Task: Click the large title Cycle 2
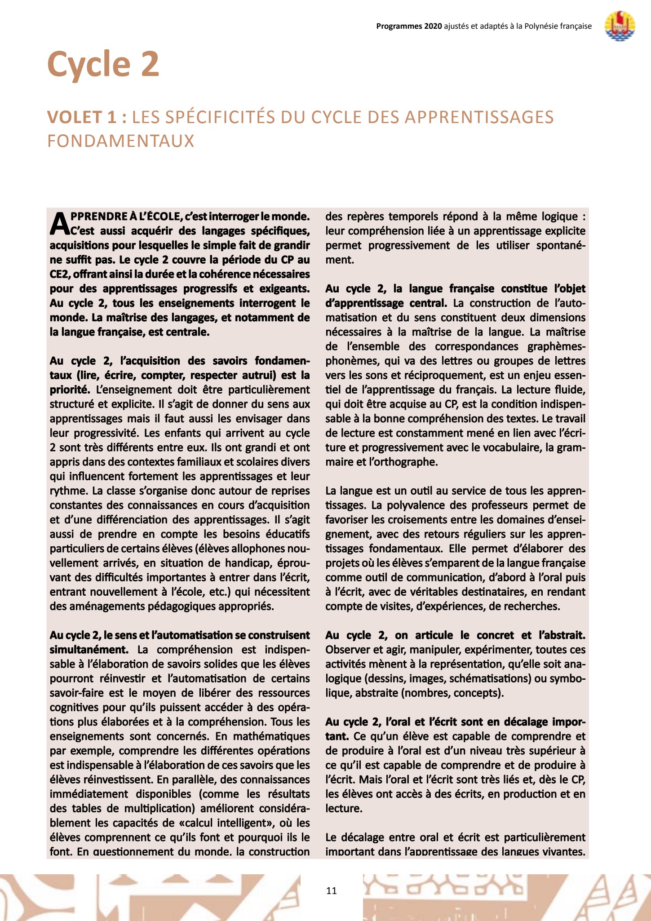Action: pos(103,64)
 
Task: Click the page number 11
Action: pos(332,890)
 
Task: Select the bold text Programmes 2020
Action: pos(409,26)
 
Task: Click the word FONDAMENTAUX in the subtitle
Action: pos(121,141)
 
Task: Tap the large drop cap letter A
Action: pos(60,224)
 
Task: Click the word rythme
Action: pos(68,491)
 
